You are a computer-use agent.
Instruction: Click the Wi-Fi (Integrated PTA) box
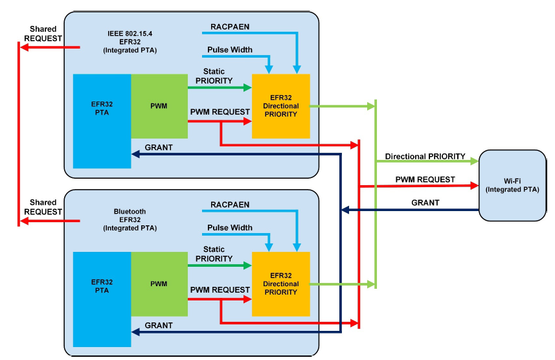(x=512, y=185)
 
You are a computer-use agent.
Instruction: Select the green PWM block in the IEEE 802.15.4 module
(x=159, y=106)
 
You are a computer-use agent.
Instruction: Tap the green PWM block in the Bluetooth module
(x=159, y=284)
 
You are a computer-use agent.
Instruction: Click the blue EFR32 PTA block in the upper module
(x=102, y=121)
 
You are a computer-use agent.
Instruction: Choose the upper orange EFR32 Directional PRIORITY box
(x=281, y=106)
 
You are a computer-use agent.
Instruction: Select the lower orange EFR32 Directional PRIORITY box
(x=281, y=284)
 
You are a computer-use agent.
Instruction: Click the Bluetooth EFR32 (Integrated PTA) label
(x=130, y=219)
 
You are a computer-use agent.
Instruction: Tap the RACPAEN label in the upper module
(x=230, y=27)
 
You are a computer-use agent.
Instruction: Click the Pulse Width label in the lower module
(x=230, y=228)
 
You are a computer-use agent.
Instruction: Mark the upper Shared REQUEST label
(x=43, y=34)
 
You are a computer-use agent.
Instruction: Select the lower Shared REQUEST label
(x=43, y=207)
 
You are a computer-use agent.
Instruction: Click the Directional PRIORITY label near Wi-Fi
(x=425, y=156)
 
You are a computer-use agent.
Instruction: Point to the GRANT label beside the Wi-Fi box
(x=425, y=203)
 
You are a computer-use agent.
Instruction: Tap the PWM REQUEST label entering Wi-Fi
(x=425, y=179)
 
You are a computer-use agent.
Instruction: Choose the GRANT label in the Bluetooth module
(x=159, y=325)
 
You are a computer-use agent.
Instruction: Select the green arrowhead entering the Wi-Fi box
(x=474, y=161)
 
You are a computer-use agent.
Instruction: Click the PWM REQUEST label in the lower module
(x=220, y=289)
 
